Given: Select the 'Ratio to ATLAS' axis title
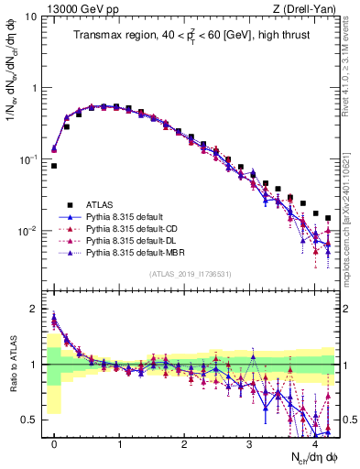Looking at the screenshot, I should coord(12,366).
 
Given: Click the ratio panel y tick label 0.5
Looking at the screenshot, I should coord(29,420).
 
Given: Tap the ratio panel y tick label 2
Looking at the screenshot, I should coord(34,309).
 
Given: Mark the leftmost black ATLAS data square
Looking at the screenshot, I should coord(54,166).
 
